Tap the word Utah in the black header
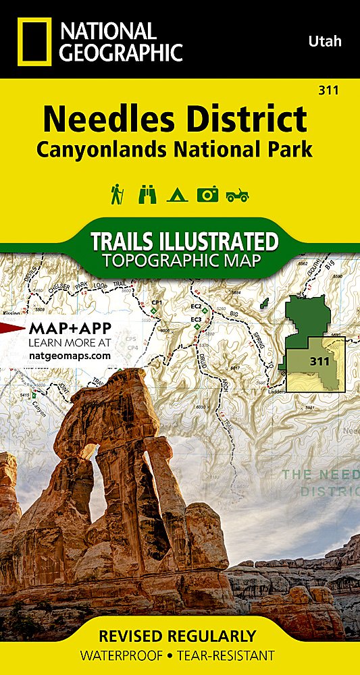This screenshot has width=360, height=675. click(x=325, y=42)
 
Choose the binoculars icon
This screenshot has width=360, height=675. click(x=147, y=194)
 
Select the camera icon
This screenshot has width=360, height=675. click(x=207, y=194)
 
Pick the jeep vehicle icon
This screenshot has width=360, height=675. click(x=237, y=195)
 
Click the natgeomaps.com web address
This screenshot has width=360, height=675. click(x=70, y=353)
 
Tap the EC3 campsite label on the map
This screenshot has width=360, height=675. click(x=197, y=319)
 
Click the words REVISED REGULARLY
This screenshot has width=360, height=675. click(x=178, y=636)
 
